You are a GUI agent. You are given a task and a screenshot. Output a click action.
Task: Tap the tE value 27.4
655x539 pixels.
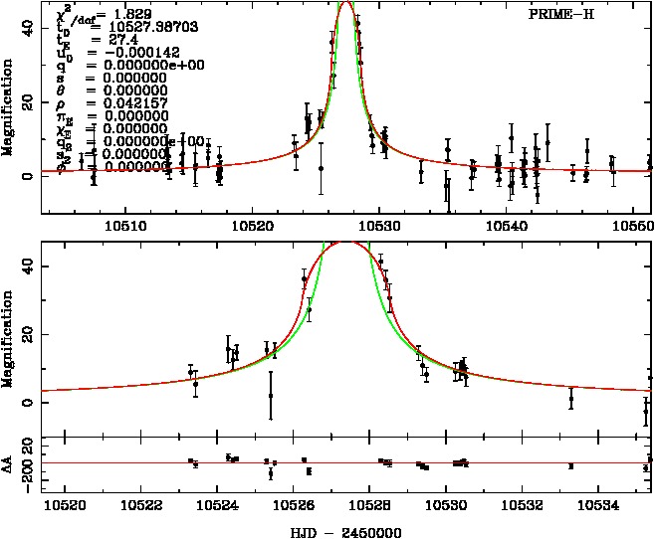pyautogui.click(x=117, y=40)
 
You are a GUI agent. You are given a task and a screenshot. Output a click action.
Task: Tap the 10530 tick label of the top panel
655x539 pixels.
pyautogui.click(x=381, y=226)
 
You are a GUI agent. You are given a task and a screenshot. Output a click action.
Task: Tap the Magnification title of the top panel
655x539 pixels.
pyautogui.click(x=10, y=110)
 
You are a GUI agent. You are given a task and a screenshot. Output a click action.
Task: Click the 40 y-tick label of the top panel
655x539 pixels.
pyautogui.click(x=29, y=30)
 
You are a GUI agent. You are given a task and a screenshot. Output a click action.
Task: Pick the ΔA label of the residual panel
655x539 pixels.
pyautogui.click(x=10, y=464)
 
